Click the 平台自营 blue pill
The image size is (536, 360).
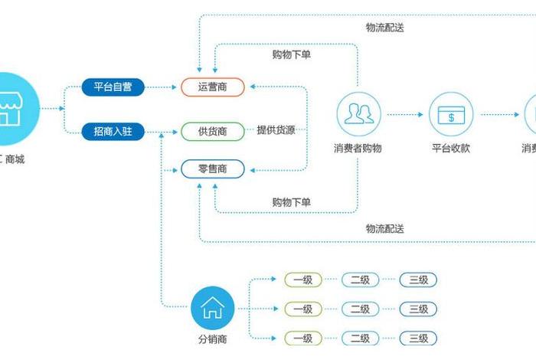point(113,87)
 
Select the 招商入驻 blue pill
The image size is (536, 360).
point(113,132)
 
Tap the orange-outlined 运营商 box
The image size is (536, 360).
point(212,87)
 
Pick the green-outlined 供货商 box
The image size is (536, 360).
point(212,131)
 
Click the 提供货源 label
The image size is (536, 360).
point(276,130)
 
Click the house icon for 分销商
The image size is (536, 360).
point(212,308)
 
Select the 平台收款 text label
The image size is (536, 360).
point(450,149)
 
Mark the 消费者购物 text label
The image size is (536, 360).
point(358,149)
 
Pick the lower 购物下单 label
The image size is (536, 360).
point(292,202)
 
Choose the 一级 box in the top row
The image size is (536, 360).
point(303,280)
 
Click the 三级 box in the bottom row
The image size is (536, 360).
point(418,338)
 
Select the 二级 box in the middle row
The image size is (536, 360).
point(361,309)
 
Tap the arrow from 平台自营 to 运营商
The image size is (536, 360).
point(161,87)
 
